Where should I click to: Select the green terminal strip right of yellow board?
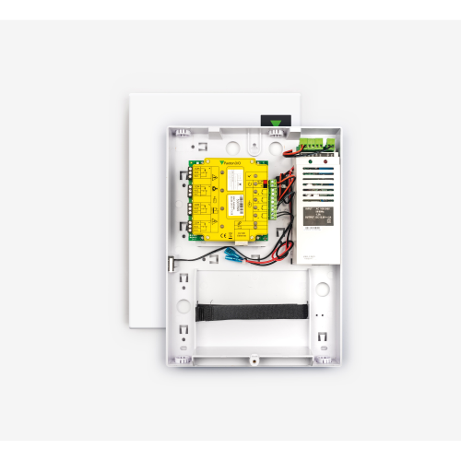[273, 198]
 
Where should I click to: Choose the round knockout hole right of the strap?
[323, 289]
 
